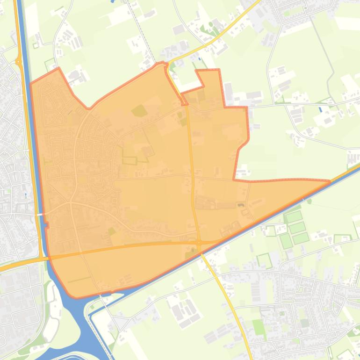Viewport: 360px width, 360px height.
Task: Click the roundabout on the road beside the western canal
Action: [19, 61]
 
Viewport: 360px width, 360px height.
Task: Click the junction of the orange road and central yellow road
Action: [199, 242]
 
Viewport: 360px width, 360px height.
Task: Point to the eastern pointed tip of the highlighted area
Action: [330, 181]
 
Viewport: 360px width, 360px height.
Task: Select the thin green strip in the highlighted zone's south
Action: [79, 280]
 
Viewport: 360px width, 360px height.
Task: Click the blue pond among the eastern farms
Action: [321, 109]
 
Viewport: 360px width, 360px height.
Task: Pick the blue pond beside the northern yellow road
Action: [200, 59]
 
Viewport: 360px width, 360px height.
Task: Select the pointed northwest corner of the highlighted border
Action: [58, 69]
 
